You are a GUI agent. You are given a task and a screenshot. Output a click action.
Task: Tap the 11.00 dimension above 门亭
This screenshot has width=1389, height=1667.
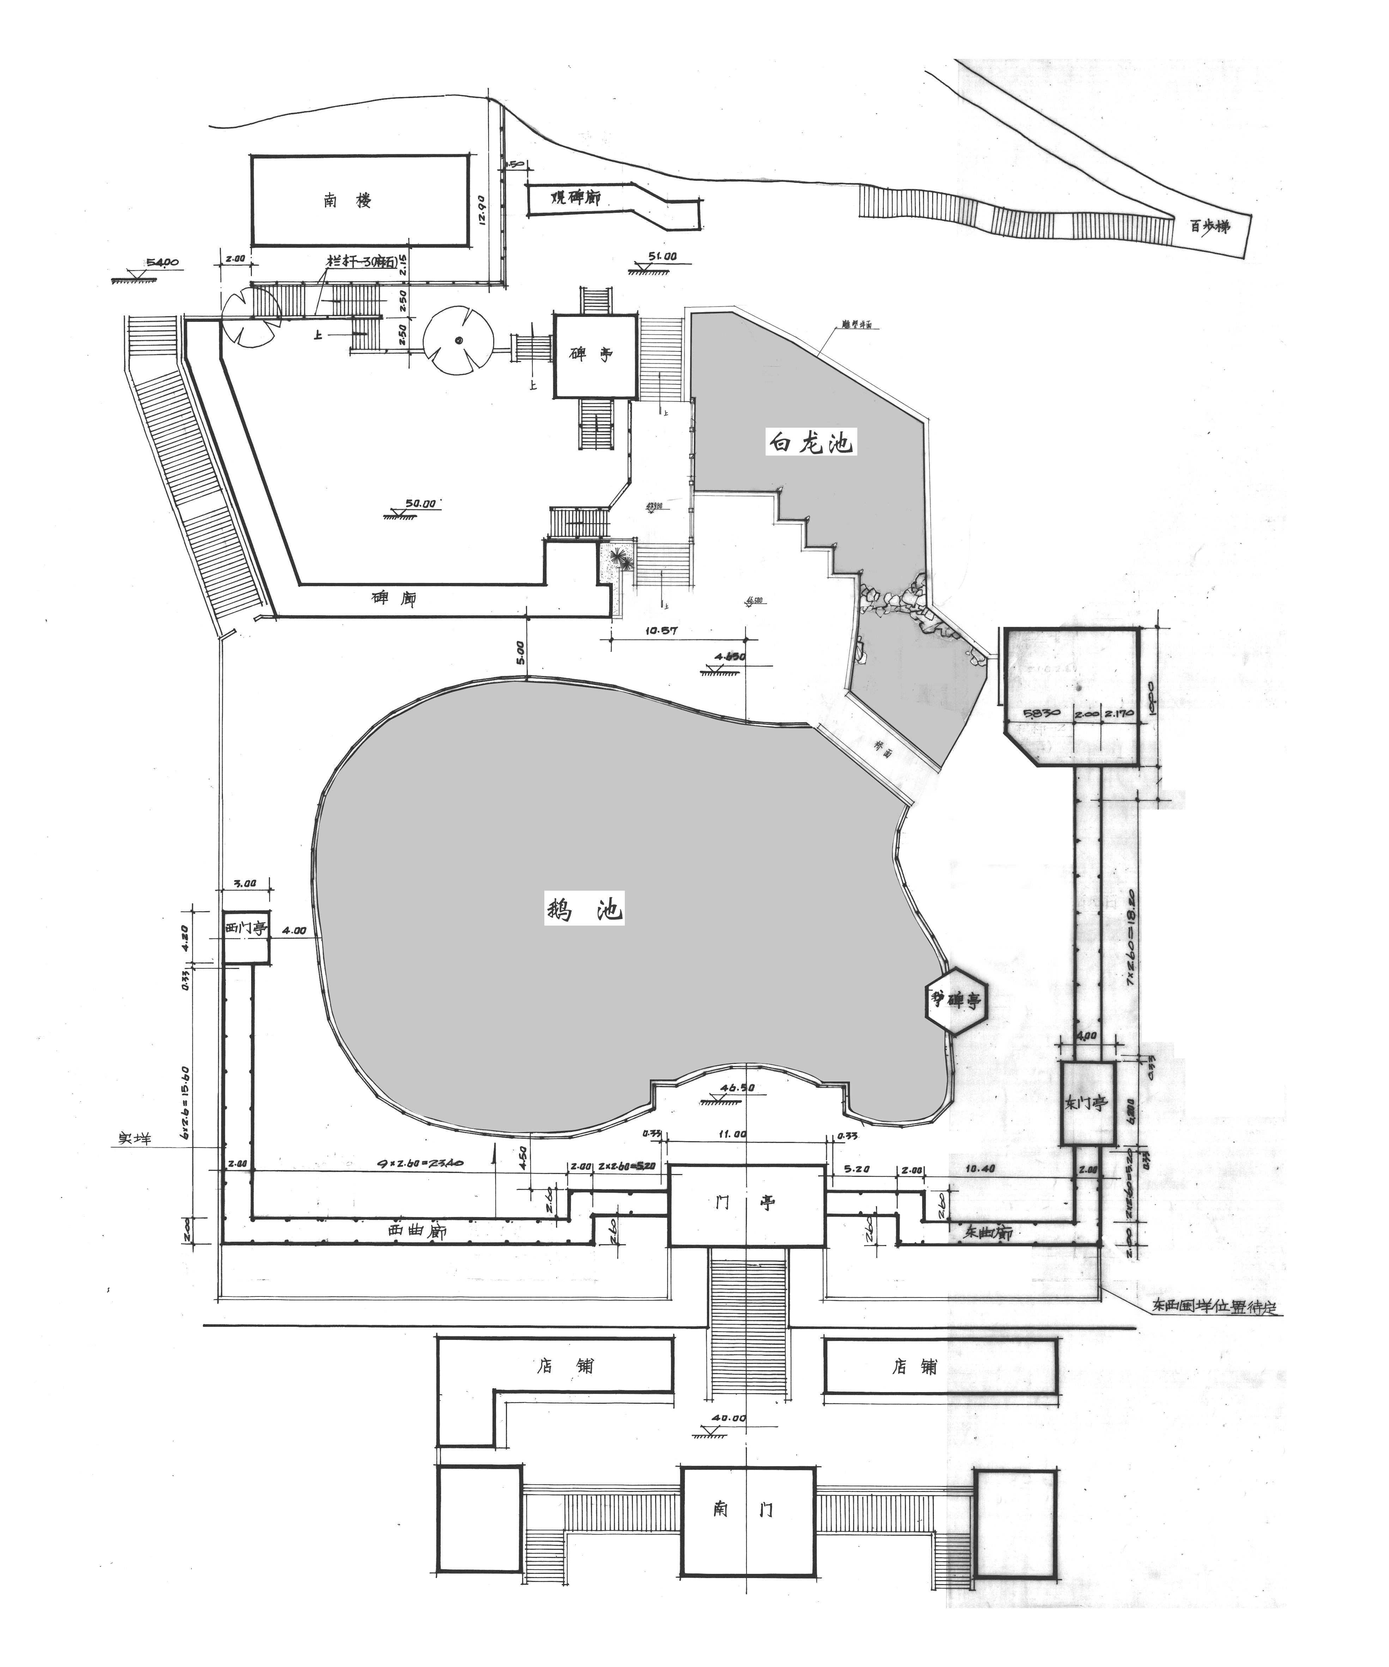point(730,1135)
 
